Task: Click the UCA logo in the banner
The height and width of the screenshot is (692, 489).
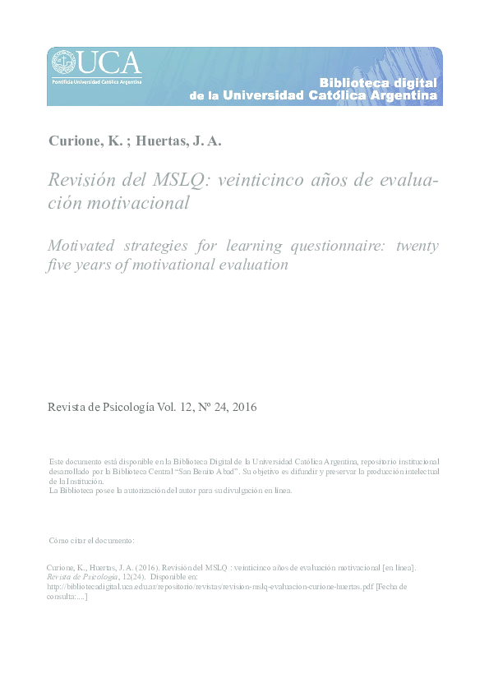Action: click(97, 63)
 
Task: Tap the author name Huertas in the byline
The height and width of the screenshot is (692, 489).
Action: click(163, 141)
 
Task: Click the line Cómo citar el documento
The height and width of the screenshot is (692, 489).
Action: click(91, 540)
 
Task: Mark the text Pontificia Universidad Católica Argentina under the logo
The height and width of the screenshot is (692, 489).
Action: click(97, 81)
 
